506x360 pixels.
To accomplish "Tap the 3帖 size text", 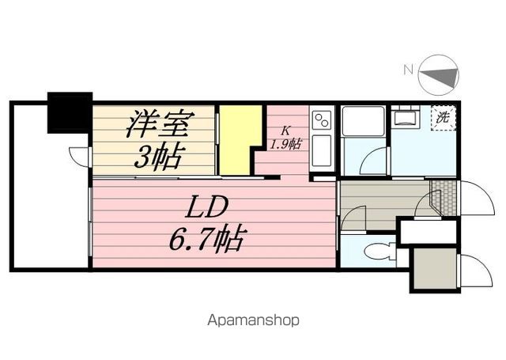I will [156, 157].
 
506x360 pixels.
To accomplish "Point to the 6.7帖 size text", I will [206, 237].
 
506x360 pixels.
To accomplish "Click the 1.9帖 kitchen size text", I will [285, 144].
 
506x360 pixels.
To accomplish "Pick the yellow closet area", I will [239, 138].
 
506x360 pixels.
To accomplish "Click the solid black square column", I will [70, 112].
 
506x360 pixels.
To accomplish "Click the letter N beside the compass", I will [407, 70].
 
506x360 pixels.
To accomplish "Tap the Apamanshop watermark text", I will [253, 321].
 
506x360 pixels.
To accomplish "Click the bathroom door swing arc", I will [372, 161].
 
